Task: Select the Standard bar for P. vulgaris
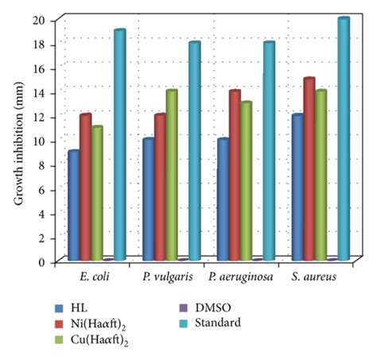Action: coord(195,150)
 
